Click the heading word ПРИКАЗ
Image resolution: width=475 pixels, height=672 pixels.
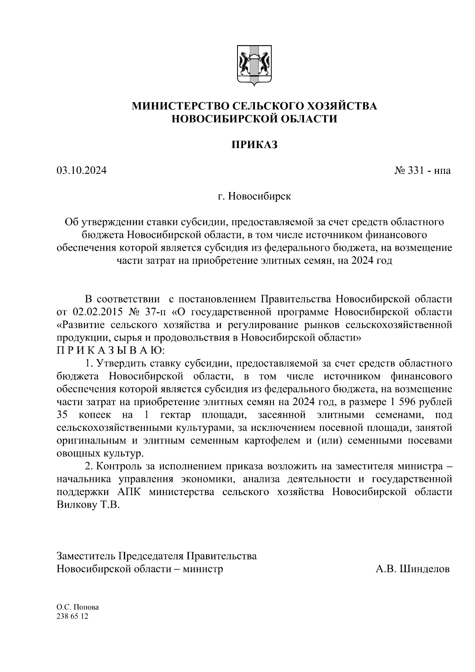[x=255, y=145]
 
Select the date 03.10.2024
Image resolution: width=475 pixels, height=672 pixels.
[x=82, y=171]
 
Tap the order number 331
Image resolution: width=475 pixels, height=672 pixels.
[x=413, y=171]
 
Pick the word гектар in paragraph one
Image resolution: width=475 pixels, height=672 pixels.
[x=175, y=415]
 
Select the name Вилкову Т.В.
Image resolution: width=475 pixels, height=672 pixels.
[x=88, y=505]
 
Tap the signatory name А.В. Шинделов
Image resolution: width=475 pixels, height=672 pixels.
[x=412, y=569]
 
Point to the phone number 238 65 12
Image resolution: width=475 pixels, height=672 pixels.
[x=73, y=617]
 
